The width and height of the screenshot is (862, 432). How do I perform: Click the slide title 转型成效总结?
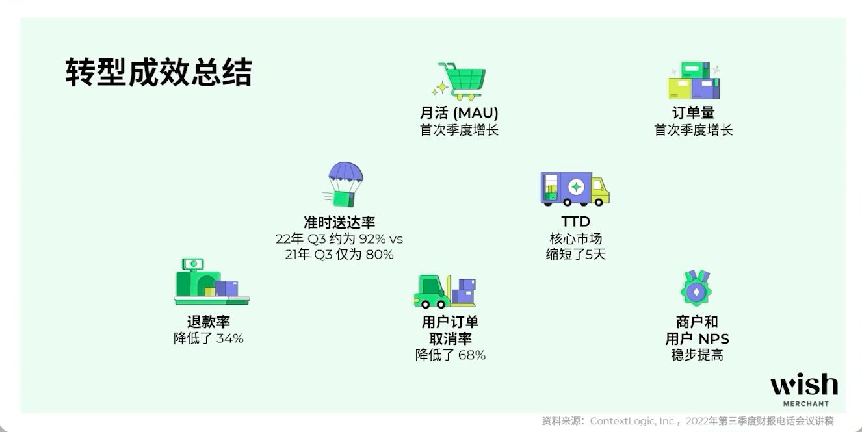click(x=159, y=72)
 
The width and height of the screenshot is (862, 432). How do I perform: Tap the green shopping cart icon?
click(x=459, y=81)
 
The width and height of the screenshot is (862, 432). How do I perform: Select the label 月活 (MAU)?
click(x=459, y=113)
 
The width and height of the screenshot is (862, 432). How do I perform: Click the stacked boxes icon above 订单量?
click(x=694, y=81)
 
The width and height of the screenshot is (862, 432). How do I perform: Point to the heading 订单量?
click(x=694, y=113)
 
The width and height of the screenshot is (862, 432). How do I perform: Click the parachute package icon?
click(x=344, y=184)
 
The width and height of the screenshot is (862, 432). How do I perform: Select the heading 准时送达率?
click(x=339, y=222)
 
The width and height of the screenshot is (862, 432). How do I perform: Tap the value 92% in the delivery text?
click(x=372, y=239)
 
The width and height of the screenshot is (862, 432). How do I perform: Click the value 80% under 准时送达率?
click(x=380, y=255)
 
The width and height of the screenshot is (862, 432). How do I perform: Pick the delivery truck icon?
click(x=575, y=188)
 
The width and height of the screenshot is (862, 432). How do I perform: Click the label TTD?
click(x=576, y=222)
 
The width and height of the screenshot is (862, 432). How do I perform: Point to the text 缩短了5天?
click(x=576, y=254)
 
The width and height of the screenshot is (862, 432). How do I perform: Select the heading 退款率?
click(x=208, y=322)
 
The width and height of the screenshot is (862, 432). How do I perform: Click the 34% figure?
click(x=229, y=338)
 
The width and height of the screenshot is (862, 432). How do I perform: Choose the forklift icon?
click(x=445, y=291)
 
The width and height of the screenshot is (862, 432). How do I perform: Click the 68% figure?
click(x=472, y=355)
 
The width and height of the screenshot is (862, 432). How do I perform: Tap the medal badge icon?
click(x=696, y=288)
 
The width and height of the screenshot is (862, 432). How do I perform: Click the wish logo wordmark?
click(x=804, y=385)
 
